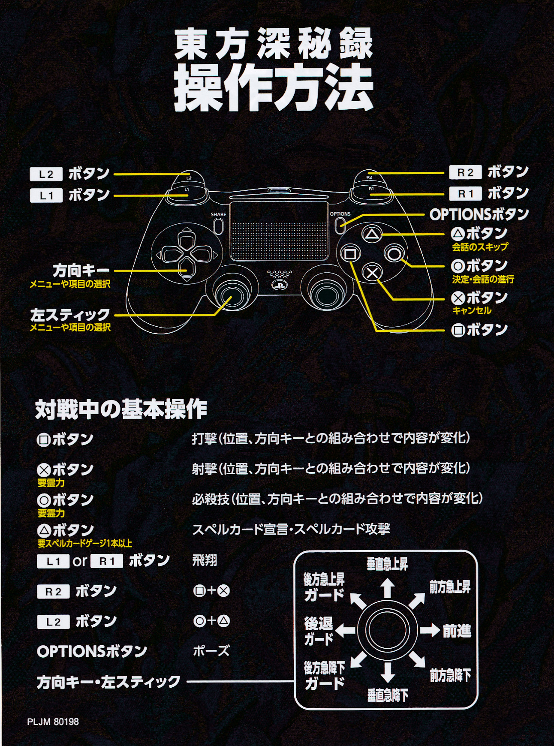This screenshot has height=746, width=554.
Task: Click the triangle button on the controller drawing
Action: (x=371, y=235)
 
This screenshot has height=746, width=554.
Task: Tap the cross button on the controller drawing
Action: (x=373, y=273)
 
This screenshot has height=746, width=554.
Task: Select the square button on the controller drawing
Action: (x=350, y=254)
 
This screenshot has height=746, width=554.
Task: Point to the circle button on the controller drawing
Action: (x=394, y=254)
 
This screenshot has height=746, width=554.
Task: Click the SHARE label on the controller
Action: (x=218, y=214)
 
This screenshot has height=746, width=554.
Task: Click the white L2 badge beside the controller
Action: (x=46, y=174)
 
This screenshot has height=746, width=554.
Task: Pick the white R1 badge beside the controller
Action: (x=465, y=194)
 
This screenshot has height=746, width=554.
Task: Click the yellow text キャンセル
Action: (x=472, y=310)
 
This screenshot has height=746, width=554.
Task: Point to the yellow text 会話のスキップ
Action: (x=480, y=247)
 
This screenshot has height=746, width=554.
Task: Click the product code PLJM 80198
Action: (x=53, y=722)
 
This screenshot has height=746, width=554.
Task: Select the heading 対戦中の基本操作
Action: (x=121, y=409)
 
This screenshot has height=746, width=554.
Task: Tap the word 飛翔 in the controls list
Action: (x=205, y=560)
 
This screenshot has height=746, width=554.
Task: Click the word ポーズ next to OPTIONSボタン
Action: (x=211, y=651)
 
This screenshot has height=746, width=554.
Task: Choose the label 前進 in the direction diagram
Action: (x=457, y=631)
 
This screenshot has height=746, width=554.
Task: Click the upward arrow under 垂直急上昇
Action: (x=388, y=588)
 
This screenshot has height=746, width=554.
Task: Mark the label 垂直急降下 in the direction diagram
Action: (x=388, y=695)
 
